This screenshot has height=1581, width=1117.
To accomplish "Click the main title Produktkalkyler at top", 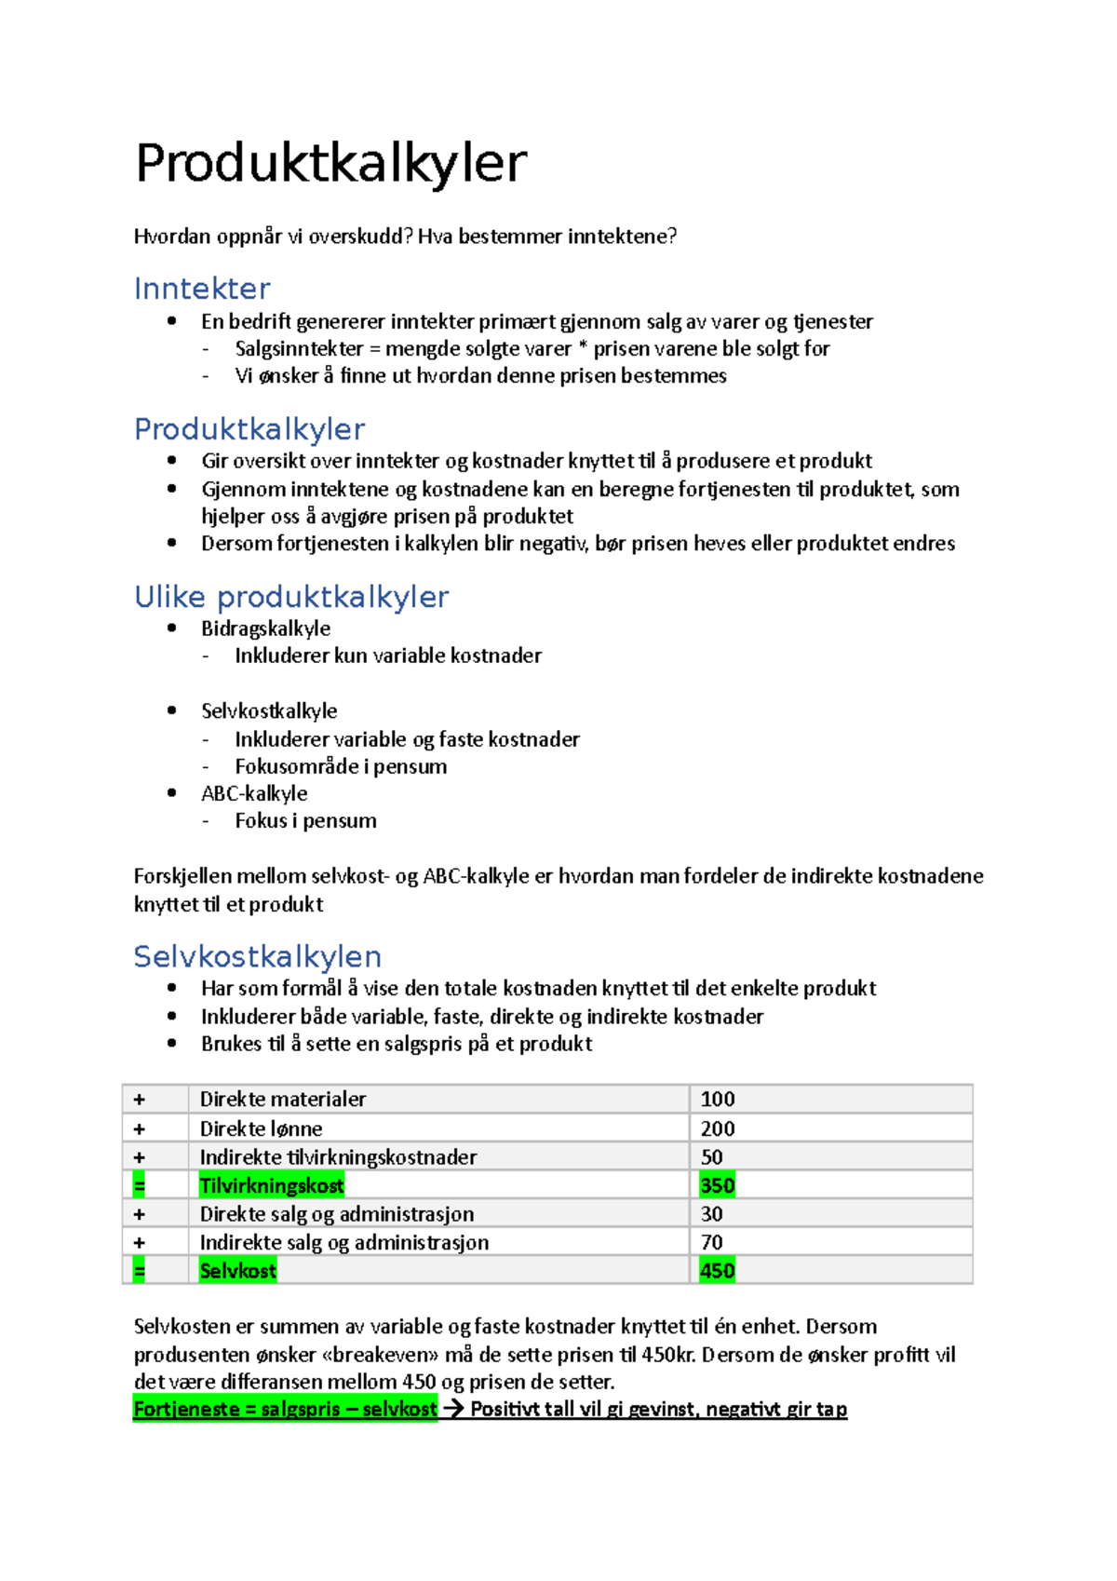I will click(x=330, y=164).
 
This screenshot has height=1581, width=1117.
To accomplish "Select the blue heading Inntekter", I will click(x=202, y=289).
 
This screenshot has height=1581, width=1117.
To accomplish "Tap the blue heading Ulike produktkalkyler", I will click(x=291, y=597).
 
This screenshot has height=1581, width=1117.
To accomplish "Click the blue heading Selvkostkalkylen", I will click(x=258, y=956).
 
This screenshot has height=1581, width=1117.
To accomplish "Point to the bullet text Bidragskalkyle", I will click(x=265, y=628).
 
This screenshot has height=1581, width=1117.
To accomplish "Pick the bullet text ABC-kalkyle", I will click(x=254, y=793).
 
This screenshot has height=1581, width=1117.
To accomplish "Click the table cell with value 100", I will click(x=718, y=1099).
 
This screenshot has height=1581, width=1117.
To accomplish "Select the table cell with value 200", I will click(x=718, y=1128).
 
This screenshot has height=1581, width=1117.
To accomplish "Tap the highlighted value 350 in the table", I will click(x=718, y=1185).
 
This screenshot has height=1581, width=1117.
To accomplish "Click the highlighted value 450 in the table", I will click(x=718, y=1270).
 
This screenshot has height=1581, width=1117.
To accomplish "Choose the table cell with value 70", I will click(x=712, y=1242).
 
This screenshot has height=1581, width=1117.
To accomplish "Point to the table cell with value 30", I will click(x=712, y=1213).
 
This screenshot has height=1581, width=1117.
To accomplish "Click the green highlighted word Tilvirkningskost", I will click(x=271, y=1185).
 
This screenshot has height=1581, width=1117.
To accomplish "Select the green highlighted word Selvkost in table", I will click(x=237, y=1270).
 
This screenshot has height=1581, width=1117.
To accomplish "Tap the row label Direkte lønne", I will click(x=261, y=1128).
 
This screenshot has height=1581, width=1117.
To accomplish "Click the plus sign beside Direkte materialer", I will click(x=140, y=1100).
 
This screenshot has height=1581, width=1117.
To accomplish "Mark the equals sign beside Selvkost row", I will click(x=140, y=1270).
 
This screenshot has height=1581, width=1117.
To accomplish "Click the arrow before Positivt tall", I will click(x=453, y=1409).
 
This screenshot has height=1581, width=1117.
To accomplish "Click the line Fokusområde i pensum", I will click(x=341, y=766).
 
